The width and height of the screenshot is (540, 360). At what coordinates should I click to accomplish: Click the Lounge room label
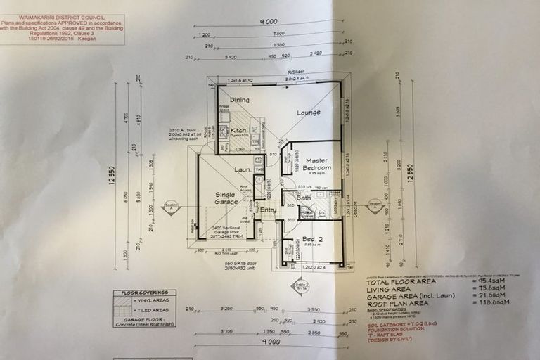point(308,112)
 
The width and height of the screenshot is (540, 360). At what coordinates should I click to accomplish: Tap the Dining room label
point(240,100)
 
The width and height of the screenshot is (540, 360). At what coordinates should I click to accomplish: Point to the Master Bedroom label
point(317,165)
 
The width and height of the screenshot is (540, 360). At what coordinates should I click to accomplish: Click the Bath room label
point(304,198)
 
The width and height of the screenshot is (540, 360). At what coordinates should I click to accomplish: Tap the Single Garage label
point(225,199)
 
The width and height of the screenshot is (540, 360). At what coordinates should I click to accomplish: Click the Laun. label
point(243,169)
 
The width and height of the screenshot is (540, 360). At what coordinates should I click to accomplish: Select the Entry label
point(269,209)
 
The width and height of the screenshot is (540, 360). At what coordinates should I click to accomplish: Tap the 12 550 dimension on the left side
point(112,174)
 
